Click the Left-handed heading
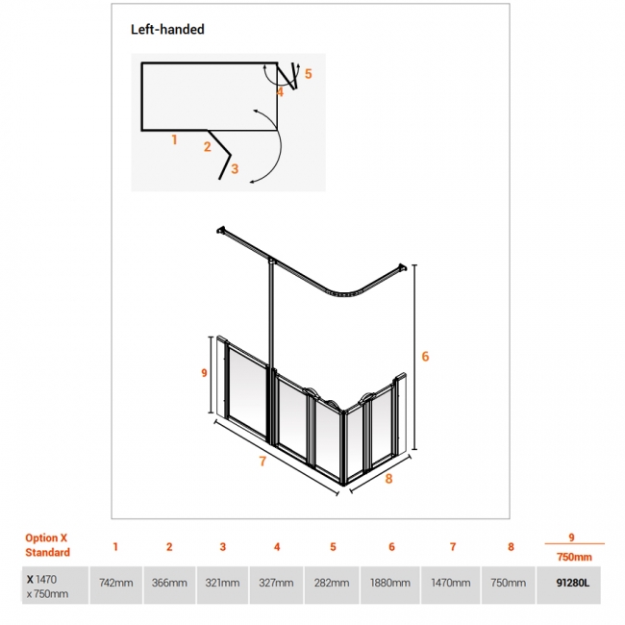[x=167, y=30]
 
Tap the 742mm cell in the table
[x=116, y=583]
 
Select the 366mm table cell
[x=169, y=583]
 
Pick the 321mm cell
[x=222, y=583]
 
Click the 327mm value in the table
[x=276, y=583]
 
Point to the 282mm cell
[x=332, y=583]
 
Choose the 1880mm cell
[x=390, y=583]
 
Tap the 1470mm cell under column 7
[x=451, y=583]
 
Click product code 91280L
[x=573, y=583]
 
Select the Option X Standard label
[x=47, y=545]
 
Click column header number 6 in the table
[x=391, y=547]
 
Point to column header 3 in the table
[x=223, y=547]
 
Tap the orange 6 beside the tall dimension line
[x=425, y=357]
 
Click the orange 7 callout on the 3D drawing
[x=262, y=462]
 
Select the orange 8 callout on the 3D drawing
[x=389, y=479]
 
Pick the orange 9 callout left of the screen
[x=204, y=373]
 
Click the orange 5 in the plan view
[x=308, y=74]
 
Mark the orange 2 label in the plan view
[x=208, y=147]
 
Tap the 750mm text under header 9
[x=574, y=557]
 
